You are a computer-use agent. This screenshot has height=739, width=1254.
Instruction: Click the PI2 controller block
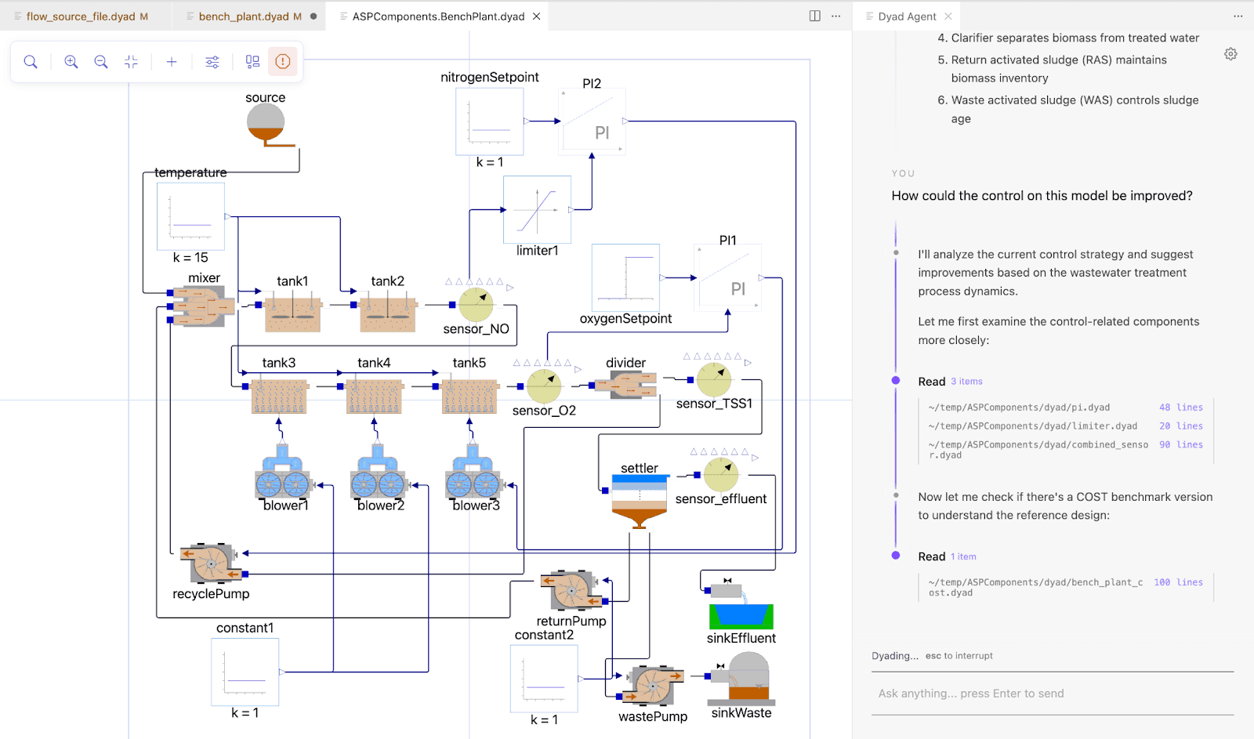point(592,121)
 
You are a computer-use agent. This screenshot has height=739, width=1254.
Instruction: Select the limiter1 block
point(537,209)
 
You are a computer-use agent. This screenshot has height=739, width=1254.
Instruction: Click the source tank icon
point(266,124)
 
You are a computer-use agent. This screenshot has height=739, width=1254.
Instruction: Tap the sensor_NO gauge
point(476,305)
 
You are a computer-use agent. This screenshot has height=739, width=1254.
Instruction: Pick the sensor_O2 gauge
point(544,386)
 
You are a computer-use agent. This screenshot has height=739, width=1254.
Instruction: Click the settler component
point(639,502)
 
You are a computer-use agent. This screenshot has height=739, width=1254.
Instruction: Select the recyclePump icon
point(210,563)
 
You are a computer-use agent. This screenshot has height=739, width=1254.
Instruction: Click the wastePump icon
point(653,686)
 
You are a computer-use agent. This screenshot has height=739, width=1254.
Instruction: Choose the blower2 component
point(379,476)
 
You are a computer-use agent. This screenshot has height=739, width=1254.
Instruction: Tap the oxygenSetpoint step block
point(625,277)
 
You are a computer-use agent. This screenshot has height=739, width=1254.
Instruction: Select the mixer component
point(202,306)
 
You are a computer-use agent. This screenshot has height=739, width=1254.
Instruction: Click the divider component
point(625,385)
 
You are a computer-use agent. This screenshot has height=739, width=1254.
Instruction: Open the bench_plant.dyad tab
point(244,16)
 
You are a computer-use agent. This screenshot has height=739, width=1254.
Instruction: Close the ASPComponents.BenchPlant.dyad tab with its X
point(537,16)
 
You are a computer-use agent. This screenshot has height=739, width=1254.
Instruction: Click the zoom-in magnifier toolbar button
point(71,62)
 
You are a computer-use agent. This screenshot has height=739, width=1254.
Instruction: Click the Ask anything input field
point(1050,694)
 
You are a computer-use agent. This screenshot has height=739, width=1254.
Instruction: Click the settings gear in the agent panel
point(1230,54)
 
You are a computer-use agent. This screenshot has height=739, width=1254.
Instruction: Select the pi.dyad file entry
point(1019,408)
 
